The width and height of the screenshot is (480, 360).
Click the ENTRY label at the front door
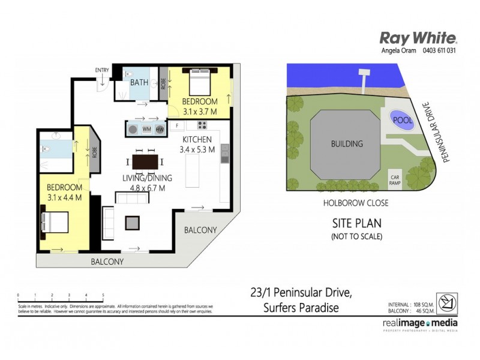[102, 71]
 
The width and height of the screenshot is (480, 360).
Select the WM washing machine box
[146, 129]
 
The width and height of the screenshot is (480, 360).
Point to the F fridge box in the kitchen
[177, 126]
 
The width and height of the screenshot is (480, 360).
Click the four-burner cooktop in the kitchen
[202, 126]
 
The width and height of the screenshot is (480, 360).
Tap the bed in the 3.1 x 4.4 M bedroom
[55, 223]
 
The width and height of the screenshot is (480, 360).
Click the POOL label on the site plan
[401, 119]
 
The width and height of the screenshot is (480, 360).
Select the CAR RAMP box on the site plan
[396, 180]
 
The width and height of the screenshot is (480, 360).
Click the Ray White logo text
[418, 37]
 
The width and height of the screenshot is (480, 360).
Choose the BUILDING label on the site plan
[347, 144]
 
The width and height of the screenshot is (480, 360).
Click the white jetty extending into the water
[364, 79]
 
